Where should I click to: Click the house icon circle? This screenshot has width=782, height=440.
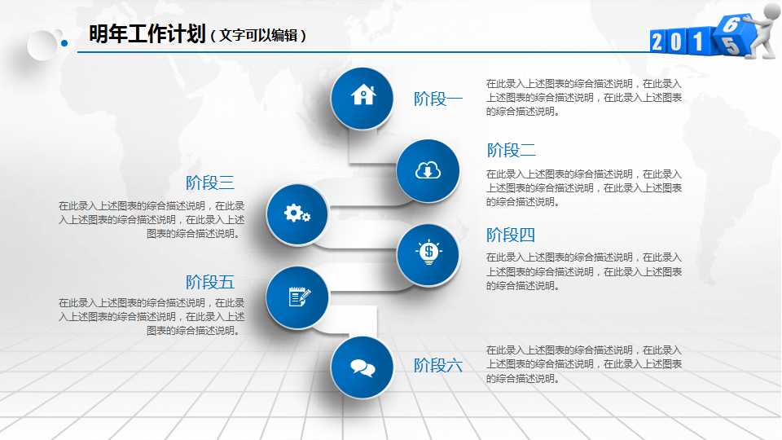pos(362,96)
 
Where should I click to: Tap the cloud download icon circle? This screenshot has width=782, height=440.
pos(428,170)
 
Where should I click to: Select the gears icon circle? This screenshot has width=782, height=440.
pos(297,214)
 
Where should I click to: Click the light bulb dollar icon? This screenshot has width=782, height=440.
pos(428,253)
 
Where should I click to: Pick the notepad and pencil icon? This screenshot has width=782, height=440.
pos(297,297)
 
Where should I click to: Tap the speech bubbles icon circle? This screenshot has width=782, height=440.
pos(362,367)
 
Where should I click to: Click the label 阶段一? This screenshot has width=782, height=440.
pos(438,99)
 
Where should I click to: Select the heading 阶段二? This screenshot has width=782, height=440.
pos(512,150)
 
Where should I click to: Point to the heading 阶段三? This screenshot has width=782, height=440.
pos(210,183)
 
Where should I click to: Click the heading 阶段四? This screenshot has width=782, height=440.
pos(511,235)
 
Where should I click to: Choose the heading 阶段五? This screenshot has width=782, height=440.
pos(210,282)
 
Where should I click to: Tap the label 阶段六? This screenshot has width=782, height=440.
pos(438,365)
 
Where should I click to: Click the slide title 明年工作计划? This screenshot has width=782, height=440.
pos(147,34)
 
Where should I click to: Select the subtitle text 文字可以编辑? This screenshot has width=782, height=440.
pos(258,36)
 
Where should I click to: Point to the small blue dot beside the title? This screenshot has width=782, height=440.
pos(64,44)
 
